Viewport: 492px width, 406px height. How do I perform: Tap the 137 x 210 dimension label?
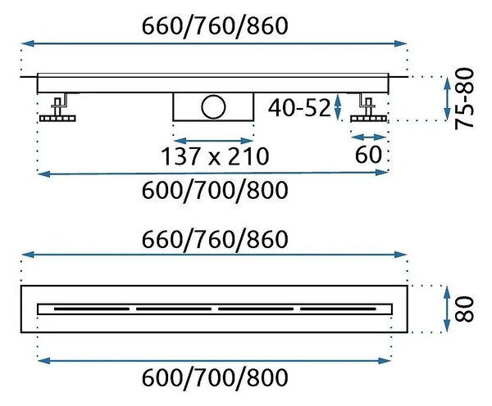tap(215, 156)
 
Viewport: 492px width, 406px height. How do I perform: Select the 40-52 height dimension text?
tap(299, 107)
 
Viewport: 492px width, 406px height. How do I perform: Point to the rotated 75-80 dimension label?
tap(465, 98)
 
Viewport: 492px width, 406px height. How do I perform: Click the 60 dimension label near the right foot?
tap(368, 154)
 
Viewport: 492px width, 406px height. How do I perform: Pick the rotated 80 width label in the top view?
tap(465, 309)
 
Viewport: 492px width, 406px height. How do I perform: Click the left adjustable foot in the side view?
tap(58, 107)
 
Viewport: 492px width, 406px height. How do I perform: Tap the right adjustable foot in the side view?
tap(369, 107)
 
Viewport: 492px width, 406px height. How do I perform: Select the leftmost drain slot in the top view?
tap(92, 309)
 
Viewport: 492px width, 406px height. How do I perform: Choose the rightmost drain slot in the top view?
tap(338, 309)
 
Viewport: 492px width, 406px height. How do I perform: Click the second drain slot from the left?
tap(174, 309)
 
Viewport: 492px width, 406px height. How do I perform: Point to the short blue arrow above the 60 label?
tap(369, 138)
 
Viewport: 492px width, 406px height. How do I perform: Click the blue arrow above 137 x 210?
tap(213, 141)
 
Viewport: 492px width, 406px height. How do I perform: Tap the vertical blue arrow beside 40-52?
tap(337, 106)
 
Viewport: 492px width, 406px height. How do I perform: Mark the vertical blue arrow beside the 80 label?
tap(447, 309)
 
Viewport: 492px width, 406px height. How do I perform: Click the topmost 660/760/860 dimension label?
tap(215, 26)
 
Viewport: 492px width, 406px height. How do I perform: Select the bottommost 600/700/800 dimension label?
tap(215, 378)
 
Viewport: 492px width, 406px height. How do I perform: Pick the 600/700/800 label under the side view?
tap(215, 190)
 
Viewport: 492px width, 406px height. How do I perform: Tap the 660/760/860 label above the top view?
tap(215, 240)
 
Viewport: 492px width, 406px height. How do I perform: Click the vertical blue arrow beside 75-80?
tap(447, 98)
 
